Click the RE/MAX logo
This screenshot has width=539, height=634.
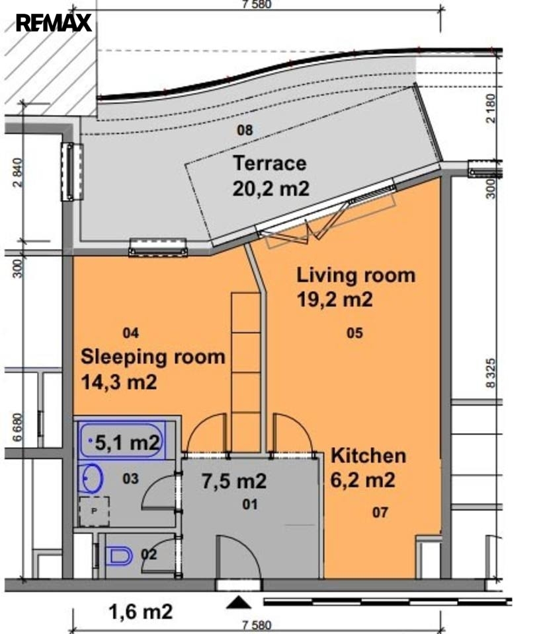(54, 22)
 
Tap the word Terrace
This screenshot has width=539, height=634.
(270, 163)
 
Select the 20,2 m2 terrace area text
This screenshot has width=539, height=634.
(271, 188)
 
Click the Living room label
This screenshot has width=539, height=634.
(356, 275)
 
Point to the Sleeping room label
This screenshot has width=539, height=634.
(153, 357)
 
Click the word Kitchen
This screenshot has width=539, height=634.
(368, 456)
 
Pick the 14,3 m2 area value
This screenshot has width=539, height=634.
(119, 382)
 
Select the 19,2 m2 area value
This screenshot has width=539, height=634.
(335, 300)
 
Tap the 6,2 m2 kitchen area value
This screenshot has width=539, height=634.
(362, 480)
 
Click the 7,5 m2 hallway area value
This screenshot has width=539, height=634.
(234, 481)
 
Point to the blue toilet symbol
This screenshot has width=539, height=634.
(120, 556)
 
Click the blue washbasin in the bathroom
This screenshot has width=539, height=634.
(91, 478)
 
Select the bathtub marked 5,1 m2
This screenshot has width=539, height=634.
(122, 440)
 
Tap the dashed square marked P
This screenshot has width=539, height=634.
(94, 511)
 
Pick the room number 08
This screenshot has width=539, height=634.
(245, 130)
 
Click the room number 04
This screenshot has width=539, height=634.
(131, 333)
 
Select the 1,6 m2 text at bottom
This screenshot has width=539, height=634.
(140, 612)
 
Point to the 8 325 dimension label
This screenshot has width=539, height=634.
(491, 373)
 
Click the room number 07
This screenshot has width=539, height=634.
(380, 512)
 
